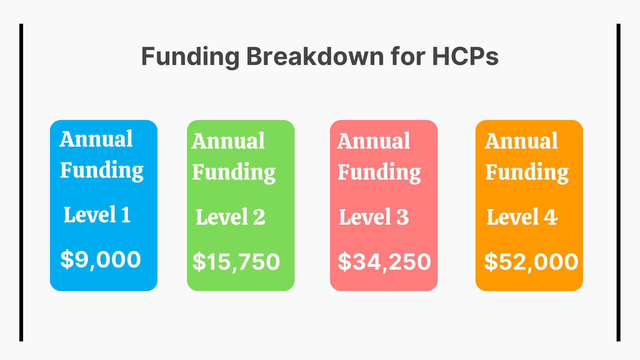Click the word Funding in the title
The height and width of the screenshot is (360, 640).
click(x=190, y=57)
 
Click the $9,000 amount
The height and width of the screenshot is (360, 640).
click(x=101, y=259)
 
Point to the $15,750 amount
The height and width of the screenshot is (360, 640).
click(x=236, y=262)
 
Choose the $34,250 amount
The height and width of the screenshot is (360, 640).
click(x=384, y=262)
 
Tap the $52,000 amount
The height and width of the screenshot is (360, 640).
click(x=531, y=262)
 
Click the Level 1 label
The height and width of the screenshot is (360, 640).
click(x=97, y=215)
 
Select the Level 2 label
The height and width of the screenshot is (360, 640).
click(x=230, y=217)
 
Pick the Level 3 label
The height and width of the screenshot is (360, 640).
click(x=374, y=217)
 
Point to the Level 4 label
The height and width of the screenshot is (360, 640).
click(x=522, y=217)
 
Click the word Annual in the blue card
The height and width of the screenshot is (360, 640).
click(x=96, y=139)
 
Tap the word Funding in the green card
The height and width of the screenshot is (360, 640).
click(x=234, y=172)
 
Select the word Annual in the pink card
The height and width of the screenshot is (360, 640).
click(x=374, y=141)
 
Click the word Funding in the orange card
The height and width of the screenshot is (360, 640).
click(x=527, y=172)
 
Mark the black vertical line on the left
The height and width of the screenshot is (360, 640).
click(x=21, y=182)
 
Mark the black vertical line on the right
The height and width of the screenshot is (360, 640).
click(x=618, y=182)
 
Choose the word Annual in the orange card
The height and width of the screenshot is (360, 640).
click(x=521, y=141)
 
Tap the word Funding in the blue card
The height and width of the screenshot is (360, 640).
click(x=102, y=170)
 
